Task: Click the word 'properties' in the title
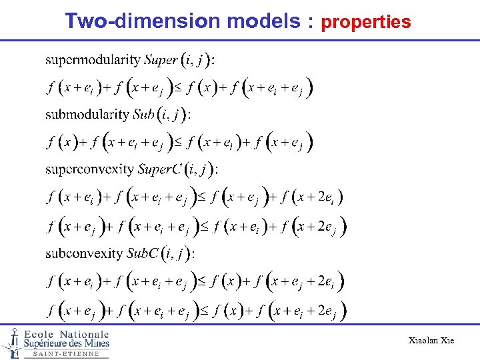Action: point(366,23)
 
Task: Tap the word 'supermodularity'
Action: point(93,60)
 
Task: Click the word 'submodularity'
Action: point(87,114)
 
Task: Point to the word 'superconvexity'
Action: point(89,169)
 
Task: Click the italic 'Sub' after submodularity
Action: point(144,114)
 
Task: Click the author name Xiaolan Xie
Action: point(431,341)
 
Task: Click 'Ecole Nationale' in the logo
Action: point(66,333)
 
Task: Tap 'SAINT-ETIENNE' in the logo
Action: point(66,354)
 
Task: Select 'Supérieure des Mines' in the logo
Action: point(66,343)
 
